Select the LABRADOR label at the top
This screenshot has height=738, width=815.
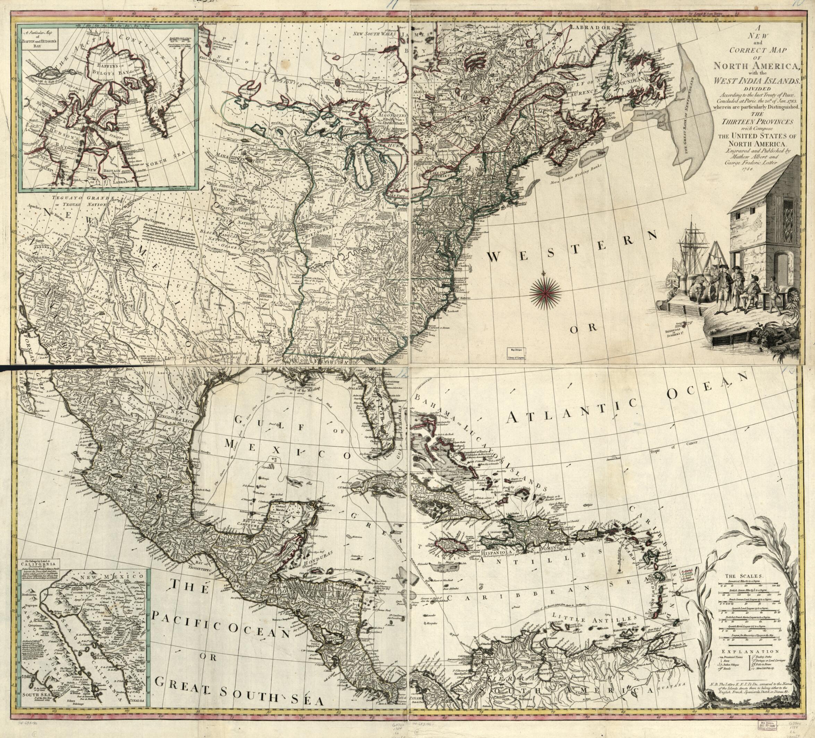590,27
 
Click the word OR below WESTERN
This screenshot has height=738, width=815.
583,328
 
